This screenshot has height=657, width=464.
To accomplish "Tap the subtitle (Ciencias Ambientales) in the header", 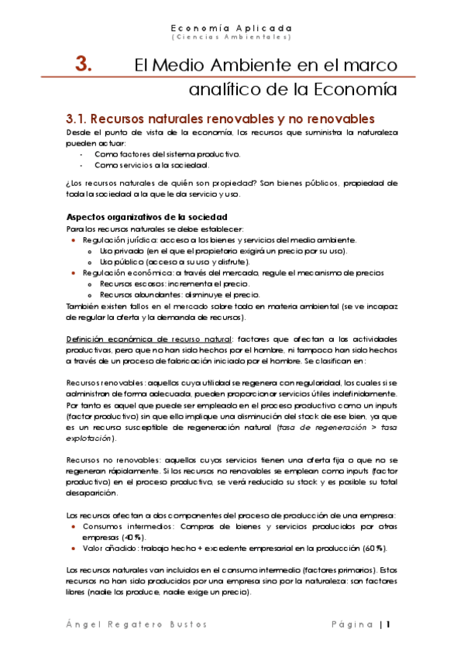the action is [232, 36].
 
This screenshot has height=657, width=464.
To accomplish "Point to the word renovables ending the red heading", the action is [338, 119].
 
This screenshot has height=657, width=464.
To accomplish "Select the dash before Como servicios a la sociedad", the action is [83, 165].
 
